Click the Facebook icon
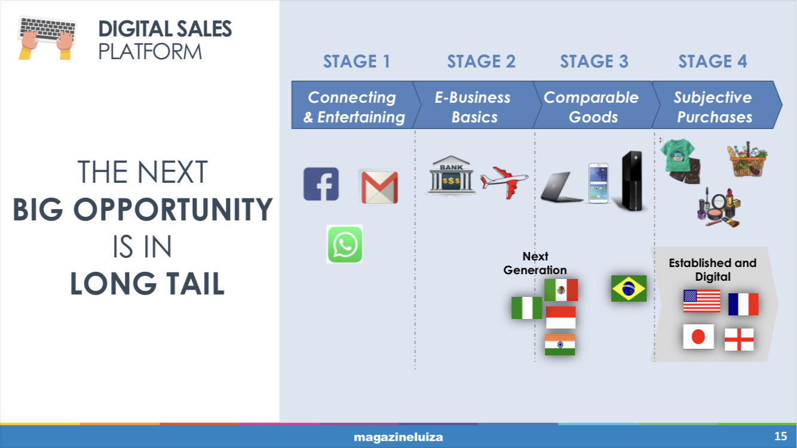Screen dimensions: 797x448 pos(321,184)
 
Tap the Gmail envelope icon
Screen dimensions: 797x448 pos(379,187)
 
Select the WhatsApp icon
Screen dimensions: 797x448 pos(344,244)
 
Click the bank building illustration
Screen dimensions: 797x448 pos(451,176)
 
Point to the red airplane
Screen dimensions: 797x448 pos(504,182)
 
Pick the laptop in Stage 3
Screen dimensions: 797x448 pos(562,187)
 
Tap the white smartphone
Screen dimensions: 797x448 pos(598,183)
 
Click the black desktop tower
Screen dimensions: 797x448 pos(632,181)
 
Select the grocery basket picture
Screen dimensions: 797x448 pos(747,159)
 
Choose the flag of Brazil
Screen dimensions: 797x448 pos(629,289)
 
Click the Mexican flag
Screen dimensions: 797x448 pos(561,290)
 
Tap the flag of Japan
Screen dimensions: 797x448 pos(698,336)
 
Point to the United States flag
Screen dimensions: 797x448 pos(701,301)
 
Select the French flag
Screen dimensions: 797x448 pos(743,304)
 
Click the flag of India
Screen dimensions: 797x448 pos(560,345)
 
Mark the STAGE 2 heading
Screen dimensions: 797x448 pos(481,61)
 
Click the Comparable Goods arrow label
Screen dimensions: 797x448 pos(591,107)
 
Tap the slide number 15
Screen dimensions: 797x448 pos(781,436)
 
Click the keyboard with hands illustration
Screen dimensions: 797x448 pos(47,38)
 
